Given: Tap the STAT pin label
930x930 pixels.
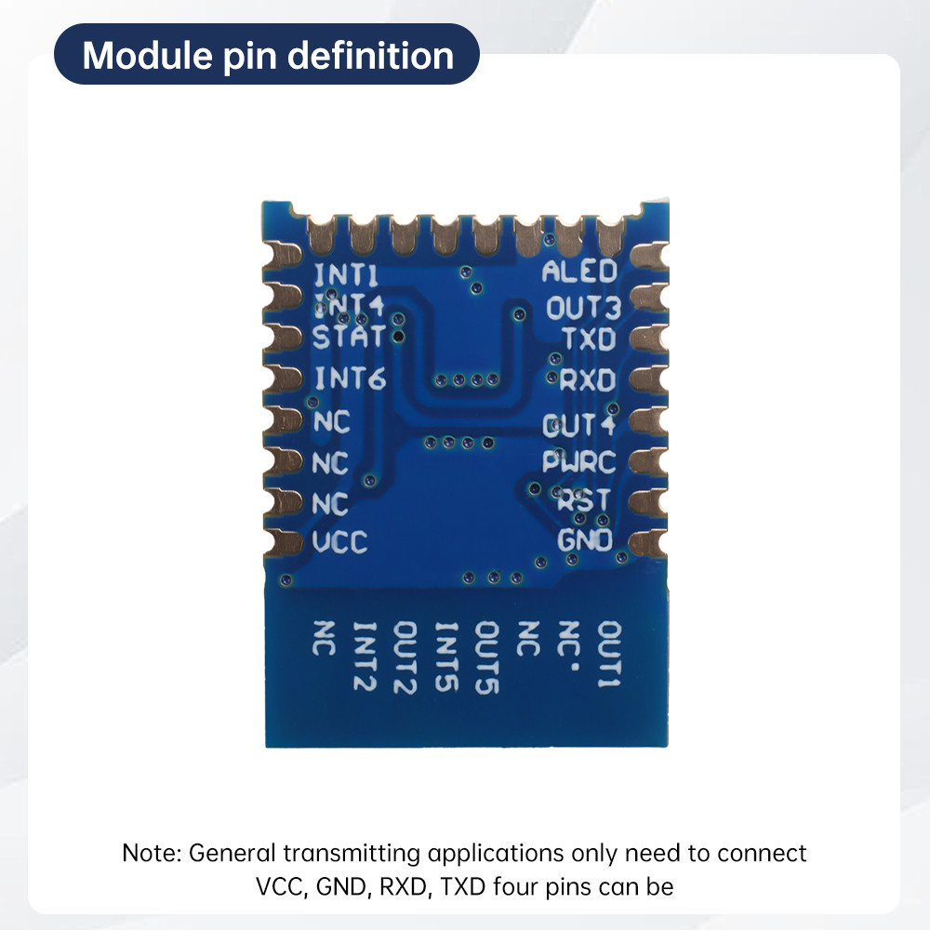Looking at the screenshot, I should (x=348, y=337).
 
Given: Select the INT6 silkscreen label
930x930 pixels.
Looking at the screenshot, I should (x=350, y=379).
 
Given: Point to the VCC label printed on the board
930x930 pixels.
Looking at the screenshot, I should (x=340, y=542).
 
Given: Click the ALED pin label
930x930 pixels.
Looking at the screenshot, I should (x=579, y=272).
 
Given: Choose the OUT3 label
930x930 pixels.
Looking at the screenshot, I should (x=581, y=307).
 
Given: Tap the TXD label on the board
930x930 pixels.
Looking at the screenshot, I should (x=588, y=339).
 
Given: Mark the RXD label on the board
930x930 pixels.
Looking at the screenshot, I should (x=588, y=380).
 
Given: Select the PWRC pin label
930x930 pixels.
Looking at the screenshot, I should (x=580, y=461).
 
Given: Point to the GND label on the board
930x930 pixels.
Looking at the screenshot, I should (x=585, y=539).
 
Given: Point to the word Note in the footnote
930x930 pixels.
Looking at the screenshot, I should (x=151, y=853).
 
